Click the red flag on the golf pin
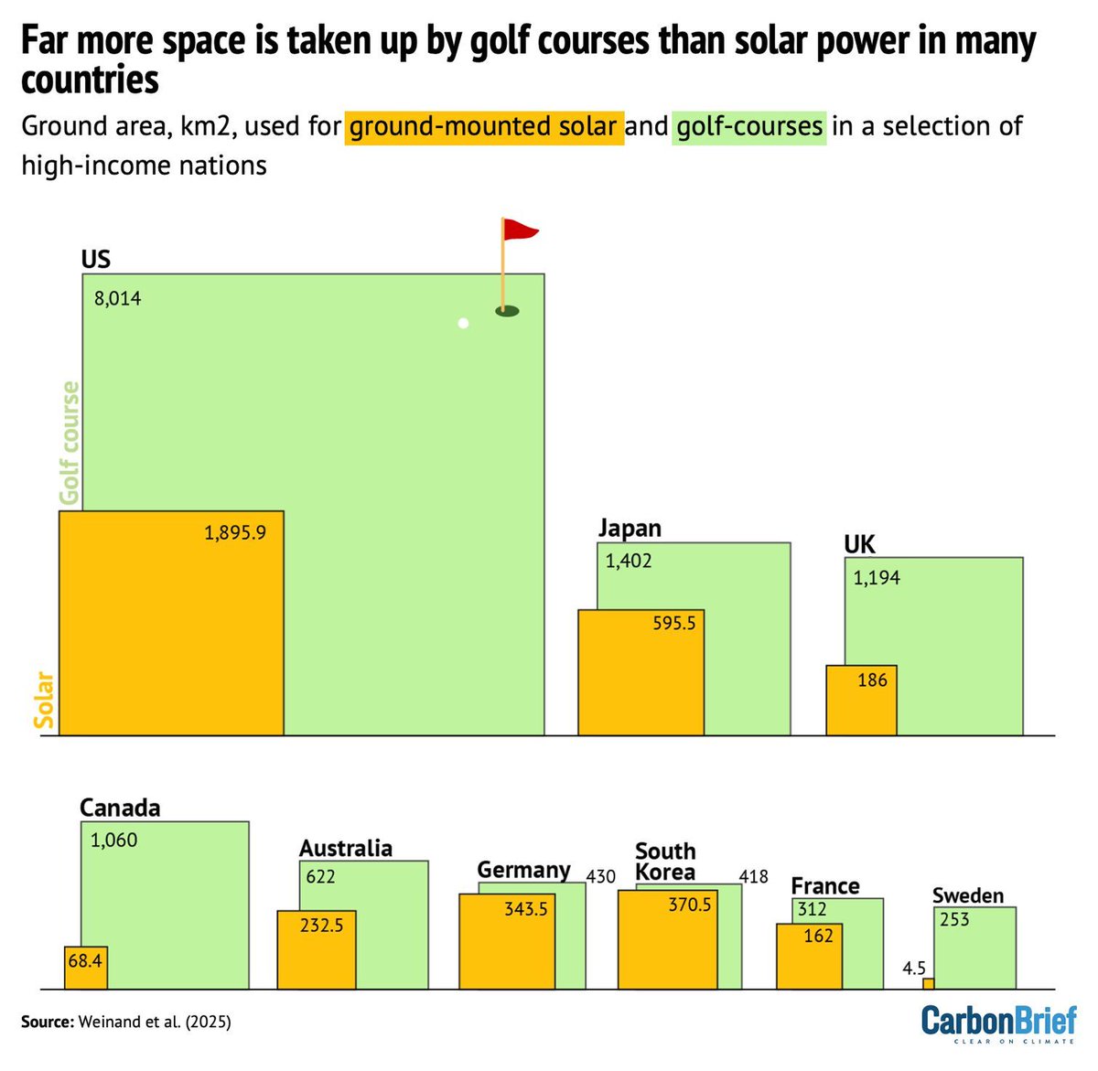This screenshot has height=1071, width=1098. (520, 230)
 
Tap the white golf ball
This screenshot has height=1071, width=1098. (464, 323)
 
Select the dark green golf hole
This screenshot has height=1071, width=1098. (507, 311)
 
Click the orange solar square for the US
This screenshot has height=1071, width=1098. (171, 623)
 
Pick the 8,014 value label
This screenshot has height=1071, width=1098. (117, 298)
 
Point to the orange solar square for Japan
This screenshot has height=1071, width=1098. (640, 672)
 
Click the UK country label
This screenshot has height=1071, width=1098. (859, 545)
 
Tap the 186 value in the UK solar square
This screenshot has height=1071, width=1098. (872, 680)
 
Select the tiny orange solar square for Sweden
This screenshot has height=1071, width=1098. (928, 984)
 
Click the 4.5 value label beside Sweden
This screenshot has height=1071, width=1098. (914, 968)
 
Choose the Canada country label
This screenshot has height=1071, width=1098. (120, 808)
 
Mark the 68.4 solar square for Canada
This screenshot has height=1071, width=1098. (85, 968)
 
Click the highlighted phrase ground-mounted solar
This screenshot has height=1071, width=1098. (484, 126)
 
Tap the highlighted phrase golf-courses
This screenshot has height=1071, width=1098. (749, 126)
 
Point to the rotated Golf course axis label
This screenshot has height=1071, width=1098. (70, 444)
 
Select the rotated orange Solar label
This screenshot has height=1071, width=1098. (44, 700)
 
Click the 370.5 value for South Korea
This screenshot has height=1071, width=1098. (689, 905)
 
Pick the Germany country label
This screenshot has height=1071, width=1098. (523, 869)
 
